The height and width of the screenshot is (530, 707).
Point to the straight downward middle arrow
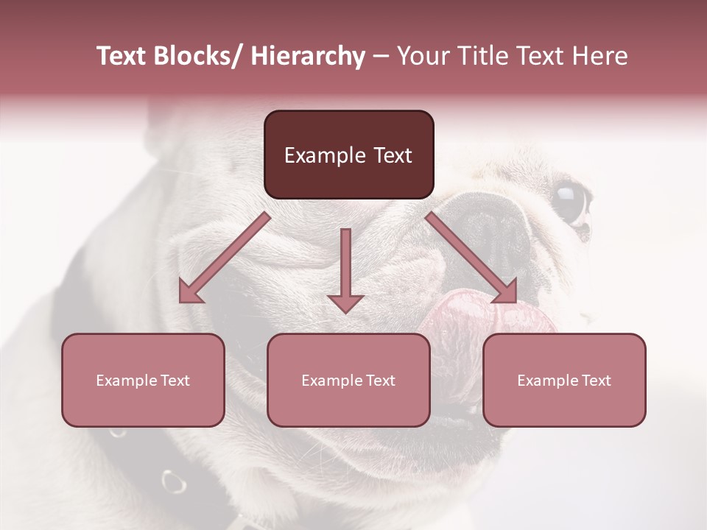click(345, 269)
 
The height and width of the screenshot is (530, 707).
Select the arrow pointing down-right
click(472, 258)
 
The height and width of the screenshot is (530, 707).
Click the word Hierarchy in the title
click(308, 57)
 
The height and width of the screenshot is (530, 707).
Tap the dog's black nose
click(493, 228)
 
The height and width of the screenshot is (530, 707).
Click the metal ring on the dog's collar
click(174, 481)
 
